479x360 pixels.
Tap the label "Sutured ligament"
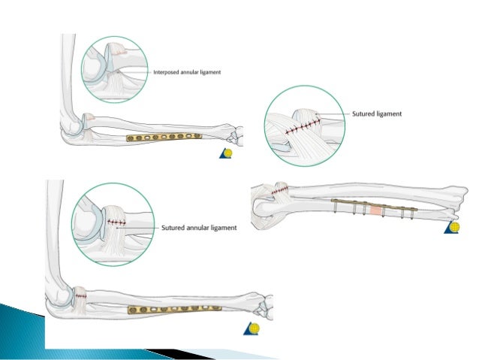coord(377,113)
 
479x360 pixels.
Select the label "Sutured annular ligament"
coord(199,227)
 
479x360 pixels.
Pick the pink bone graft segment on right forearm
coord(375,210)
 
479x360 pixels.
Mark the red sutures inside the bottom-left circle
coord(116,222)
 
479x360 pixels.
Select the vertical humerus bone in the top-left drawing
coord(63,75)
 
